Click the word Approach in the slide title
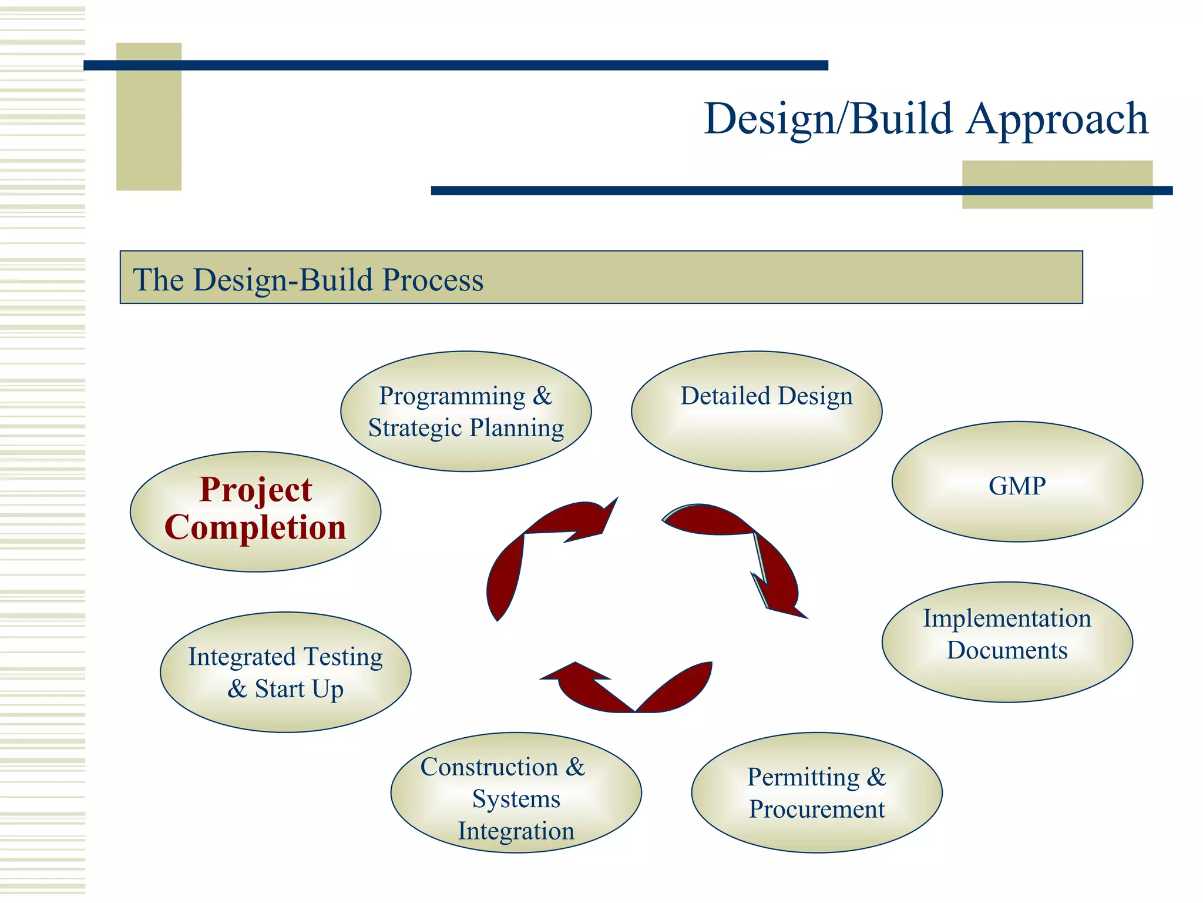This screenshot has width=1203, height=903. (1057, 119)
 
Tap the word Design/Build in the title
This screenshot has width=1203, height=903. (828, 119)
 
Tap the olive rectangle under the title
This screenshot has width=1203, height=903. (1057, 176)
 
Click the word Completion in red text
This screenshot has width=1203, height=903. (256, 527)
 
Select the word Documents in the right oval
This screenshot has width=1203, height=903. (1007, 650)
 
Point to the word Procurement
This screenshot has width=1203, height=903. (816, 810)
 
